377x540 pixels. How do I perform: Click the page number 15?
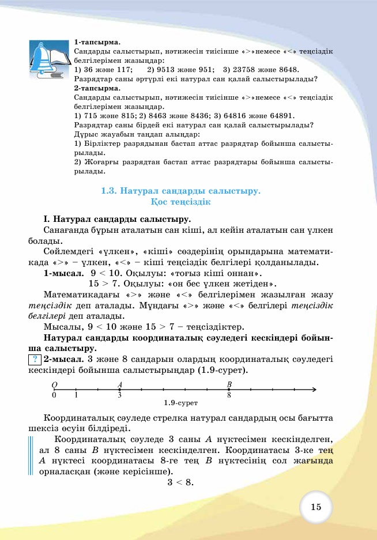(x=315, y=507)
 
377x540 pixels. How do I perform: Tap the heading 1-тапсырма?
(x=97, y=42)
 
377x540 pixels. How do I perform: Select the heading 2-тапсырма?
(x=97, y=88)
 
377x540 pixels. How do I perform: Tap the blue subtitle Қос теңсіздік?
(x=180, y=202)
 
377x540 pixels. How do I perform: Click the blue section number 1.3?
(x=110, y=190)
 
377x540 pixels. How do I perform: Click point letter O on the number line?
(x=54, y=384)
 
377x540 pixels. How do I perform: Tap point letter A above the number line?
(x=120, y=384)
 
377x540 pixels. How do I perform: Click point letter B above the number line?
(x=229, y=384)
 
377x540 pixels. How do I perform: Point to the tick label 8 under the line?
(x=229, y=395)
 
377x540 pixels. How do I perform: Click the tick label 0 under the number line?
(x=54, y=395)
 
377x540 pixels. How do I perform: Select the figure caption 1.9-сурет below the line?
(x=180, y=403)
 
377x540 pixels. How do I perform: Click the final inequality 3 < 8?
(x=180, y=482)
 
